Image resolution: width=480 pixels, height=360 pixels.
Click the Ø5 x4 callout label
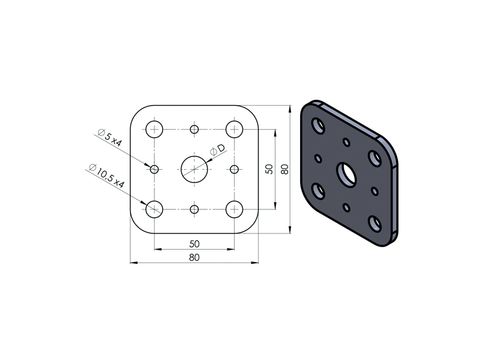[110, 138]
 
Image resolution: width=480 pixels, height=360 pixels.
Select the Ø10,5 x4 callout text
[107, 176]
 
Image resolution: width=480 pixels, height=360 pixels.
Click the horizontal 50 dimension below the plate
[194, 244]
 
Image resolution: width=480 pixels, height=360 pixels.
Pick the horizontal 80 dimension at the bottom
[194, 258]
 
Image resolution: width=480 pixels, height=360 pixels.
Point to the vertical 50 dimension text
[269, 169]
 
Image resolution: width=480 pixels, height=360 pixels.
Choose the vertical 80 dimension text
[284, 169]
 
